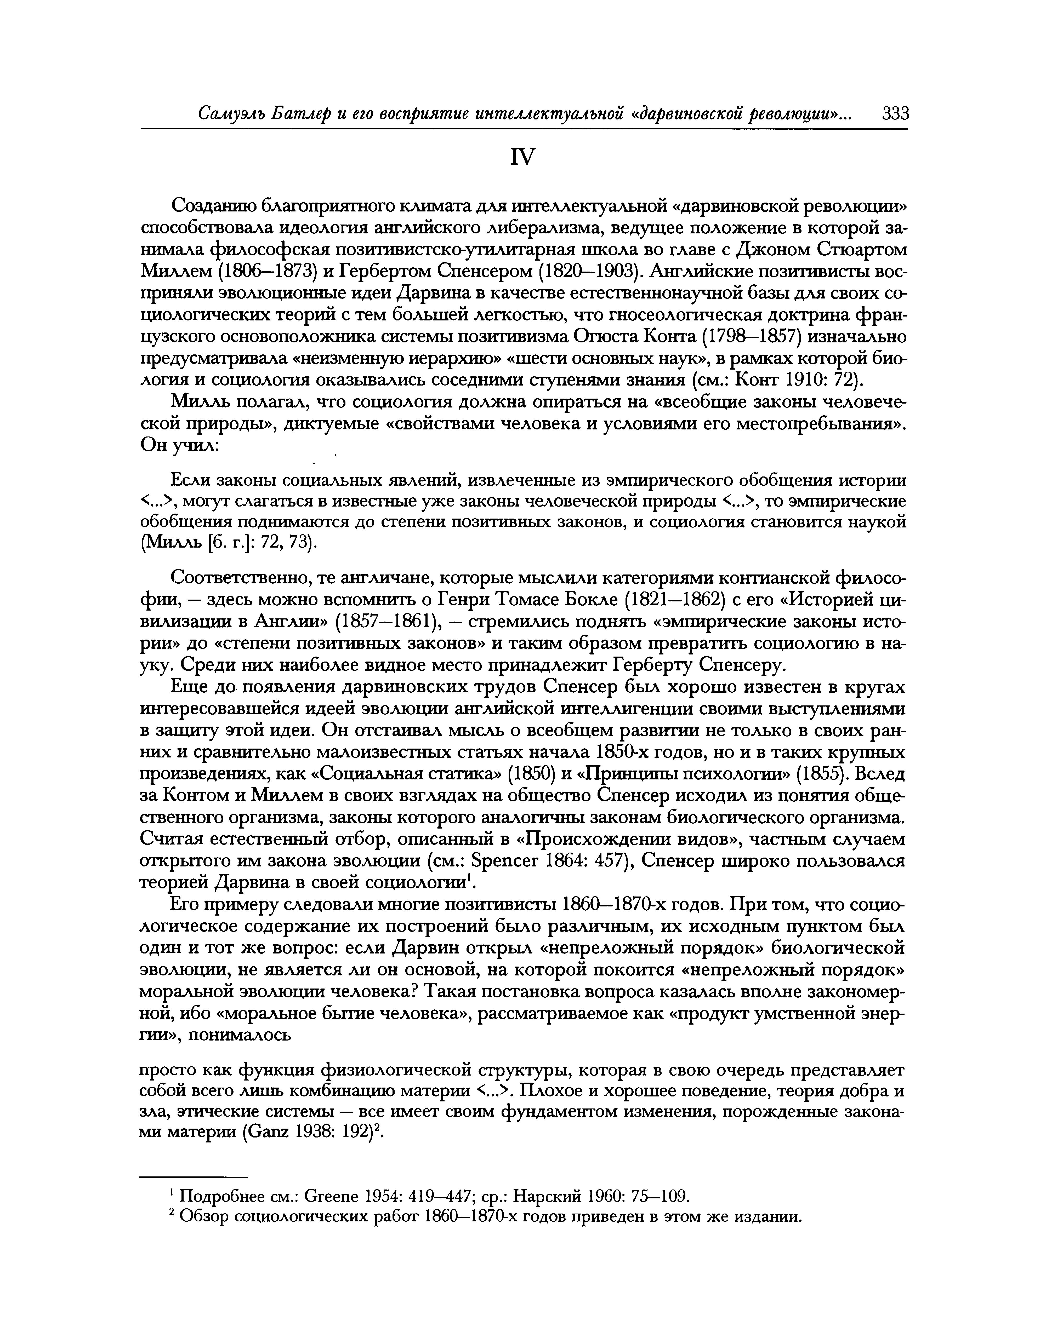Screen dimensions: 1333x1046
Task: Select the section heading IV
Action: tap(522, 158)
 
